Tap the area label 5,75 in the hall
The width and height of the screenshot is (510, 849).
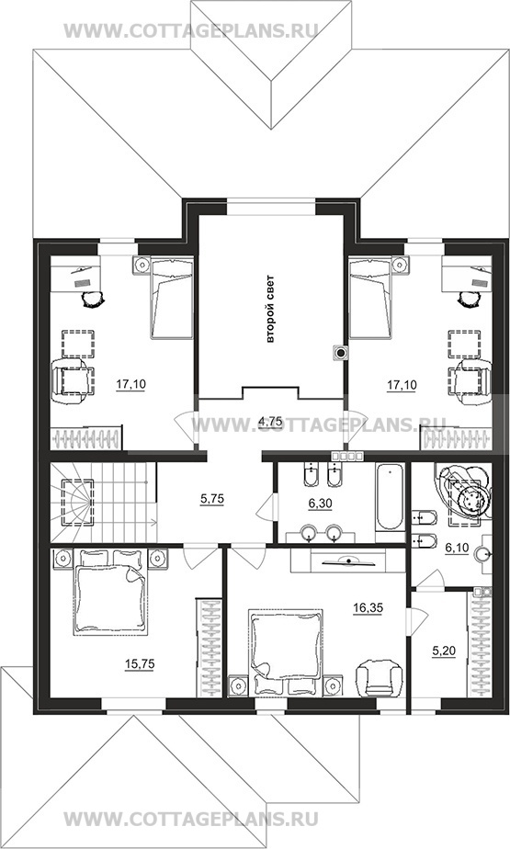pyautogui.click(x=212, y=500)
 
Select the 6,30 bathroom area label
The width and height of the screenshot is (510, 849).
pyautogui.click(x=320, y=504)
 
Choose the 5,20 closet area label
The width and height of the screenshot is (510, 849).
pyautogui.click(x=444, y=652)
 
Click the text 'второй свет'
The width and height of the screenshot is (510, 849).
pyautogui.click(x=271, y=310)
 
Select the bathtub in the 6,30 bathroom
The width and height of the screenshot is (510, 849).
pyautogui.click(x=390, y=496)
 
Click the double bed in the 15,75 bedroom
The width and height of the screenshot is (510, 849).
pyautogui.click(x=110, y=592)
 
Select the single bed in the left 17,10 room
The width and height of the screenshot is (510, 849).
pyautogui.click(x=172, y=298)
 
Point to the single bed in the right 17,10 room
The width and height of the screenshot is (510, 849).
pyautogui.click(x=371, y=298)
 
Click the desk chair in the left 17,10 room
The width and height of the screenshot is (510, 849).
pyautogui.click(x=92, y=298)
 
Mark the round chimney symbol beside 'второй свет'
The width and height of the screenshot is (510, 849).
pyautogui.click(x=341, y=354)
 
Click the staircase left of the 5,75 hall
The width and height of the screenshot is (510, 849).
pyautogui.click(x=103, y=502)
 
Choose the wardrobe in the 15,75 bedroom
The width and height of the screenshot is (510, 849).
pyautogui.click(x=209, y=648)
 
